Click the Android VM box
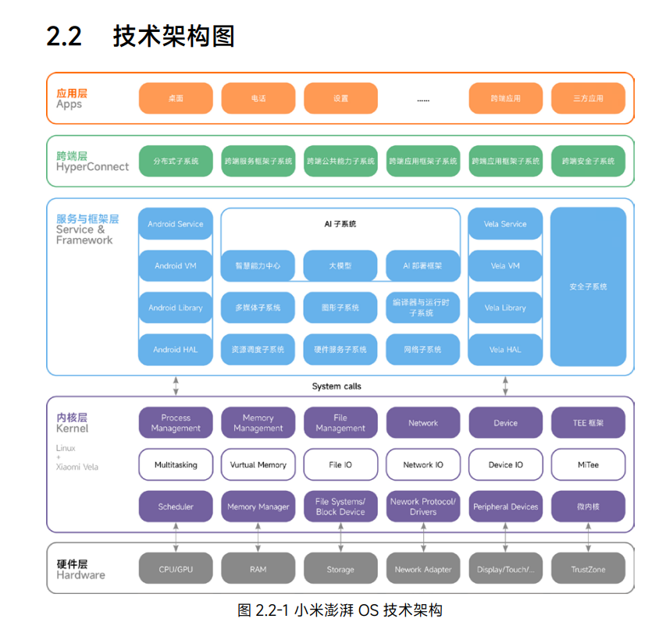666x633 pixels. click(176, 266)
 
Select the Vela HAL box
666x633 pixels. click(505, 350)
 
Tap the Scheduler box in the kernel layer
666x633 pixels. click(176, 507)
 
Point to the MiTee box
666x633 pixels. click(588, 464)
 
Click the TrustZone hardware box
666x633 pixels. click(588, 569)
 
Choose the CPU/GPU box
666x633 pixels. click(176, 569)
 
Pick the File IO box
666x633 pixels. click(340, 464)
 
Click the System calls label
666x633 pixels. click(337, 386)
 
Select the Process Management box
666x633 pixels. click(176, 423)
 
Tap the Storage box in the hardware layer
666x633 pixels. click(340, 569)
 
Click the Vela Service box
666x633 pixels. click(505, 224)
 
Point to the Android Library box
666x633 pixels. click(176, 308)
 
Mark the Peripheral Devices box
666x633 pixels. click(505, 507)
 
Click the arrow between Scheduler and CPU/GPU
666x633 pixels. click(176, 538)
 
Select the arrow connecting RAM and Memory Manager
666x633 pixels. click(258, 538)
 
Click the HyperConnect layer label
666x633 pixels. click(93, 167)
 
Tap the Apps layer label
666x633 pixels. click(69, 105)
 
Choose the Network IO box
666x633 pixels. click(423, 464)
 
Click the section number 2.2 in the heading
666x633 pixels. click(64, 37)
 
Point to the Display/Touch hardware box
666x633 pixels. click(505, 569)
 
